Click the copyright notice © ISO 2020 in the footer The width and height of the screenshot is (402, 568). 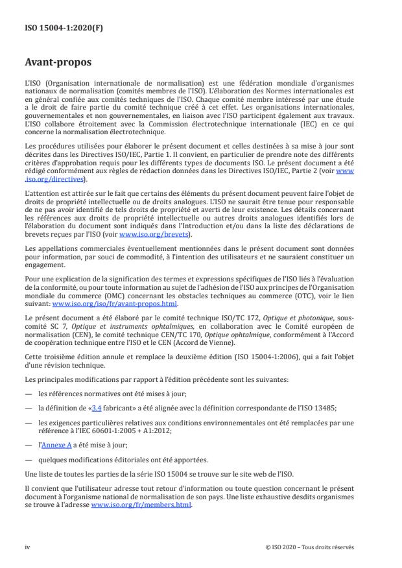310,546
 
